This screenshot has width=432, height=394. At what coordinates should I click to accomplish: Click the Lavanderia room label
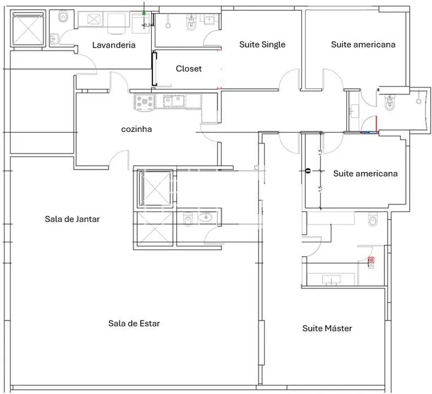(x=114, y=45)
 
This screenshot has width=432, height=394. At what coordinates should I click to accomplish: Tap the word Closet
(x=188, y=68)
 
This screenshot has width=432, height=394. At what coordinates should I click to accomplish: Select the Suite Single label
(x=262, y=44)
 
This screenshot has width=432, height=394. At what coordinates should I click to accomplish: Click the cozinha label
(x=136, y=129)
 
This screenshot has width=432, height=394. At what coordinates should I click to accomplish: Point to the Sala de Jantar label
(x=72, y=219)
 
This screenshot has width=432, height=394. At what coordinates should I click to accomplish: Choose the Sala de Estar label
(x=134, y=323)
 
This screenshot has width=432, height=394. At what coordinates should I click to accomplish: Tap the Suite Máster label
(x=327, y=329)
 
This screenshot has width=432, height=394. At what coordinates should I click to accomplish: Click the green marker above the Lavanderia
(x=144, y=12)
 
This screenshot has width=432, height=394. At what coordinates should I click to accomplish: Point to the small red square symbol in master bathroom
(x=371, y=260)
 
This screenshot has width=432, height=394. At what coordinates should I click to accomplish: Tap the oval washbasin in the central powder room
(x=207, y=217)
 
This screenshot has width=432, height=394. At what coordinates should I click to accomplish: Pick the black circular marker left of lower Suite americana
(x=307, y=171)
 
